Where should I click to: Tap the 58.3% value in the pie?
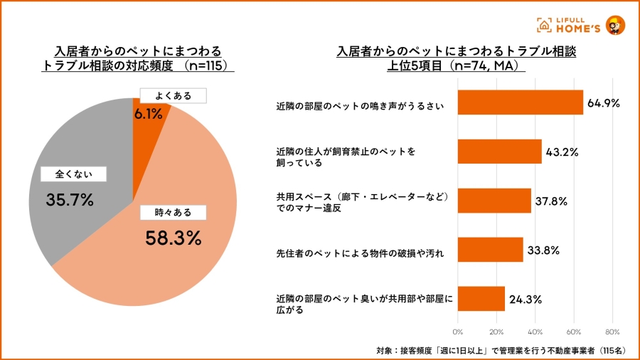pos(174,238)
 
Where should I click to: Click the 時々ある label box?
pos(173,212)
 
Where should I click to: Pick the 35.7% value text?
pos(70,200)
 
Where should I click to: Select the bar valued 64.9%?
pos(520,102)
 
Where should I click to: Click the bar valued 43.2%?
pos(499,152)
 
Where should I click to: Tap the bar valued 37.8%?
pos(494,201)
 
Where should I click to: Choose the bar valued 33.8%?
pos(490,249)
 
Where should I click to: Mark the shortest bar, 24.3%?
pos(481,298)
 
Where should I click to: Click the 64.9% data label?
pos(604,103)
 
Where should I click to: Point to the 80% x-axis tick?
pos(613,332)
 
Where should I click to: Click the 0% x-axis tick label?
pos(458,332)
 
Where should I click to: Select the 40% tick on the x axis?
pos(535,332)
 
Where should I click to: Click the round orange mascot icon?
pos(616,24)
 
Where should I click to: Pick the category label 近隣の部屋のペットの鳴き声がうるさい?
pos(360,107)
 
